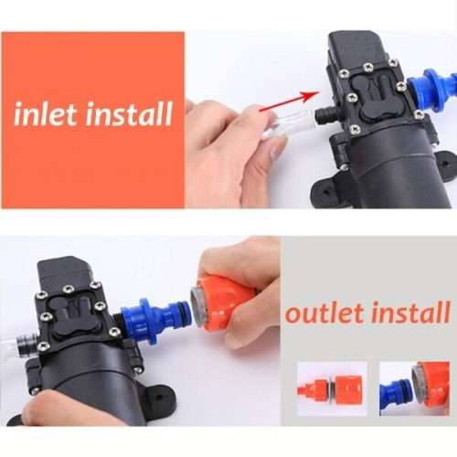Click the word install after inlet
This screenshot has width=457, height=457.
[128, 114]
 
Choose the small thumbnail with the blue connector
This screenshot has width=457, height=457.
[413, 388]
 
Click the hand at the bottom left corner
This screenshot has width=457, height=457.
[55, 411]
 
